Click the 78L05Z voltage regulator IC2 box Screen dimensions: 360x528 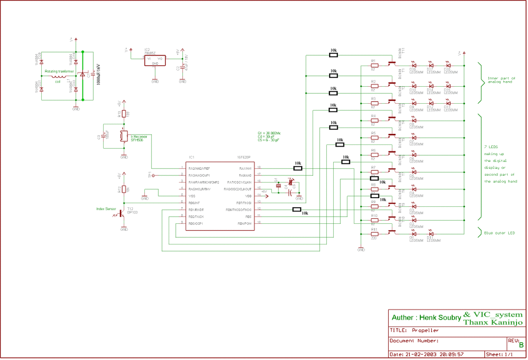[x=155, y=60]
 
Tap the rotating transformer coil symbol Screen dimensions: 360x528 [x=58, y=76]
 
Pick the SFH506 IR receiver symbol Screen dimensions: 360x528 [x=123, y=137]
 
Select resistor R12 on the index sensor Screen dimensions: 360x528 [x=123, y=190]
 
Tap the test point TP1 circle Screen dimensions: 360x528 [x=153, y=176]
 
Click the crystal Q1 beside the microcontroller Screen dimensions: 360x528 [x=278, y=185]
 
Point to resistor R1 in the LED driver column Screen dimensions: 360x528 [x=374, y=65]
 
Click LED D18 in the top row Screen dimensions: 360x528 [x=448, y=65]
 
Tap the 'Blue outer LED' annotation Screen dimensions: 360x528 [x=500, y=233]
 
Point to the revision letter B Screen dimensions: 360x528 [x=521, y=345]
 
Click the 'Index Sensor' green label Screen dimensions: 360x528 [x=106, y=209]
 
